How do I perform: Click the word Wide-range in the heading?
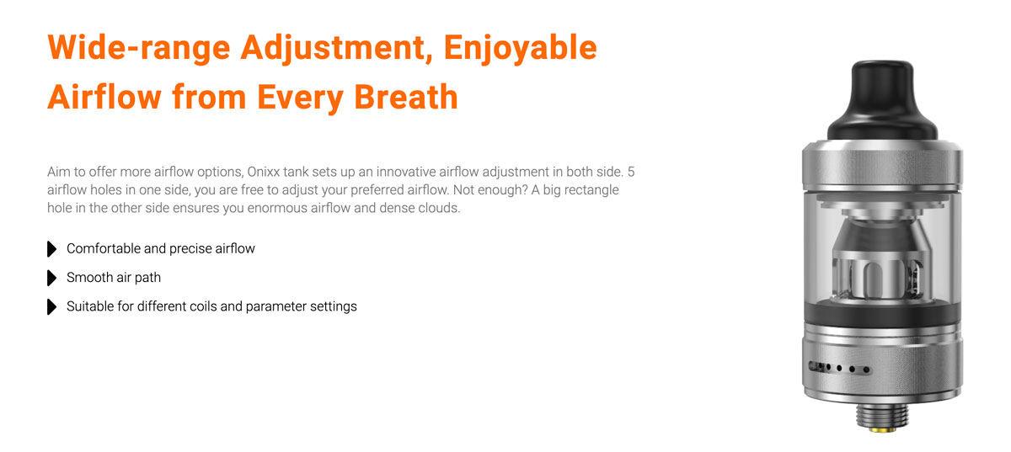[138, 47]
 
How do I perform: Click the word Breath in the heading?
[406, 97]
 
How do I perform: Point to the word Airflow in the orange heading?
[104, 97]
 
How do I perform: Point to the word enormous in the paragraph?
[277, 209]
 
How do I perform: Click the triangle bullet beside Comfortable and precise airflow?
[52, 249]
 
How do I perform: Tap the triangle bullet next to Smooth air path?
[52, 278]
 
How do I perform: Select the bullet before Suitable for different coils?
[52, 306]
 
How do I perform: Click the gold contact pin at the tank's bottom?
[883, 429]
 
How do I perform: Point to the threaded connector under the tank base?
[883, 414]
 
